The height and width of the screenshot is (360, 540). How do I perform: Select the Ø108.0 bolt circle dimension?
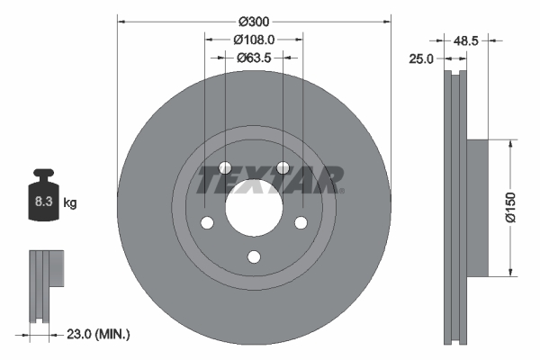[254, 40]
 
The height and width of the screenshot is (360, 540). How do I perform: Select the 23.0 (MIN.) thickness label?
[99, 334]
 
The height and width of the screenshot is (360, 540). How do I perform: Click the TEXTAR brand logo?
[270, 180]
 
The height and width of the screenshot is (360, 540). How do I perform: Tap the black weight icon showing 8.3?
[42, 197]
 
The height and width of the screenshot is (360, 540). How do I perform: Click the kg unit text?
[70, 203]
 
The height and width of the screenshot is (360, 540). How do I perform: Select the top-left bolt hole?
[225, 168]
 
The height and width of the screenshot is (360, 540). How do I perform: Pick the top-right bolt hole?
[283, 168]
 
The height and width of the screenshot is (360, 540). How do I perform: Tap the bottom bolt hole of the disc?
[254, 257]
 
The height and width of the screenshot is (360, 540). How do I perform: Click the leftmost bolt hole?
[207, 223]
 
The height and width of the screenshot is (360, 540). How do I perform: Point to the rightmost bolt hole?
[301, 223]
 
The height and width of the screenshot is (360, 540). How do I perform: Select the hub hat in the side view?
[477, 207]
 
